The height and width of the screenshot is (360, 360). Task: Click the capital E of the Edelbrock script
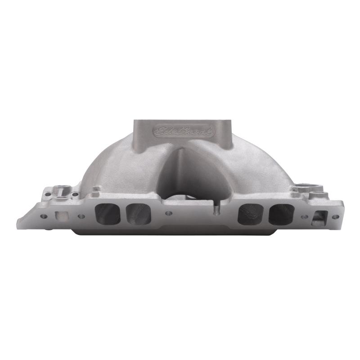coord(158,131)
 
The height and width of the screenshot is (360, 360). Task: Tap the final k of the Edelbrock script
coord(210,131)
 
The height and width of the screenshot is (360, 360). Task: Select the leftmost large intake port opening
coord(108,213)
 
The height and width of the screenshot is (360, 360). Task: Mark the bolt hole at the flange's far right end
coord(335,216)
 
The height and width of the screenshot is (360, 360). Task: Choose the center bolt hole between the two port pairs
coord(168,213)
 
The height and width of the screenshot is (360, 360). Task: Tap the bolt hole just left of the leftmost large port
coord(81,216)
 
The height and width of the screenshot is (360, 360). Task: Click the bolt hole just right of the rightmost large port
coord(305,216)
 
